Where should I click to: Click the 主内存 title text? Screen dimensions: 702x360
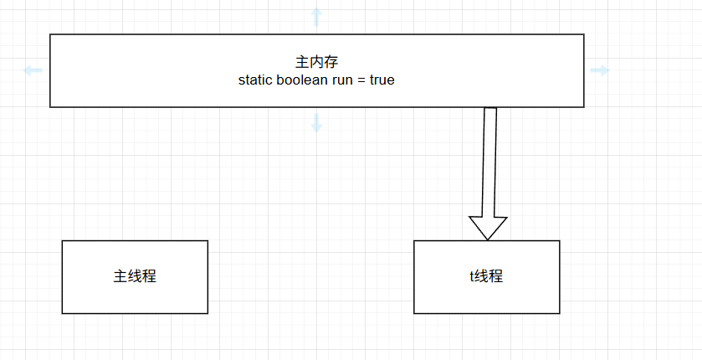[x=316, y=62]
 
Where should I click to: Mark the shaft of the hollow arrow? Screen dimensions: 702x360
[x=489, y=159]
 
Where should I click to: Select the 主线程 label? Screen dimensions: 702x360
[x=135, y=276]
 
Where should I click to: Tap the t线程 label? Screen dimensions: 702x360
[x=486, y=276]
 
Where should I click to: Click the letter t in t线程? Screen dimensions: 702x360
[x=471, y=276]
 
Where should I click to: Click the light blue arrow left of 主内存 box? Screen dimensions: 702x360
[x=32, y=70]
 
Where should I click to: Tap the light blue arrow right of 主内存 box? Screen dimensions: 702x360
[x=600, y=70]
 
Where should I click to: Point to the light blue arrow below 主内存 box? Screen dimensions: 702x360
[x=316, y=124]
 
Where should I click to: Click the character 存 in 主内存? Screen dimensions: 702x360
[x=331, y=62]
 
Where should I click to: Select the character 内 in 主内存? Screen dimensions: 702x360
[x=316, y=62]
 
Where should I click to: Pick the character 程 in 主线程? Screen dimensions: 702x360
[x=149, y=276]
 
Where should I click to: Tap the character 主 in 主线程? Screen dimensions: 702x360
[x=120, y=276]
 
